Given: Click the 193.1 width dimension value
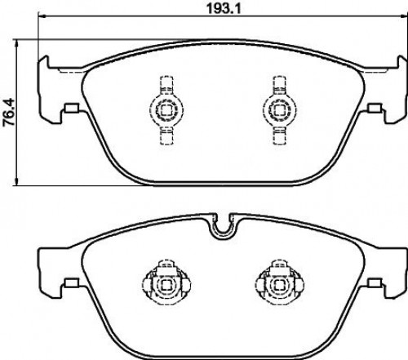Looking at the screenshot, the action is tap(224, 8).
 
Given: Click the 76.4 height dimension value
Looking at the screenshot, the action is tap(10, 113).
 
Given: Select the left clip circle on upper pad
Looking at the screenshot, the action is tap(166, 110).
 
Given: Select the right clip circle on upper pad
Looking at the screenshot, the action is tap(280, 110).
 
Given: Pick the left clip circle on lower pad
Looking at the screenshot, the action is tap(166, 285).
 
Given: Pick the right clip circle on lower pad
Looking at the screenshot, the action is tap(280, 285).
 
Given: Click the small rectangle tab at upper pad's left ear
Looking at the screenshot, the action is tap(72, 108).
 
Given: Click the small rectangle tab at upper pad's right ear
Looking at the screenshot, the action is tap(374, 108).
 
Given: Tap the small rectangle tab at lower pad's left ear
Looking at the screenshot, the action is tap(72, 283).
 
